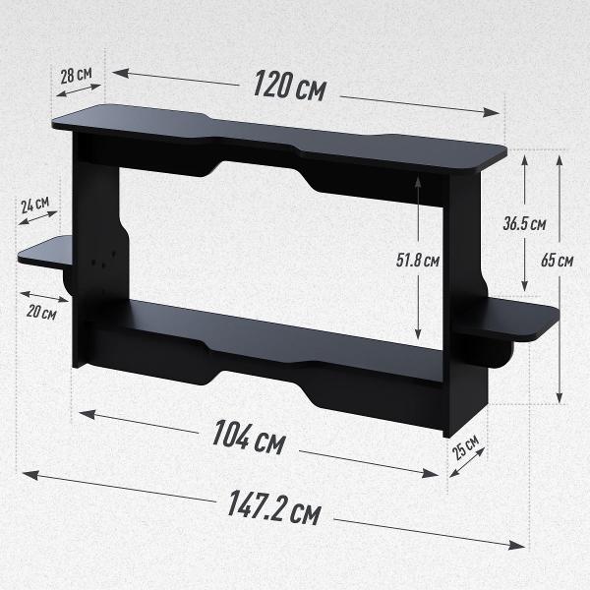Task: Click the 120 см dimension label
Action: [289, 87]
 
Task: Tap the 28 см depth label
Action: [77, 75]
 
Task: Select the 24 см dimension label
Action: [35, 205]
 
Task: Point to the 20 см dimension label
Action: [41, 312]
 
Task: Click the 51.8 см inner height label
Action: [418, 260]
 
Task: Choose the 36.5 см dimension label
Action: [524, 224]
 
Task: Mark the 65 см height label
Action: [557, 260]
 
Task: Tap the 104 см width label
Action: [249, 438]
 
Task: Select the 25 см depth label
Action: [465, 446]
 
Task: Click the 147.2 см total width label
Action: [274, 507]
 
